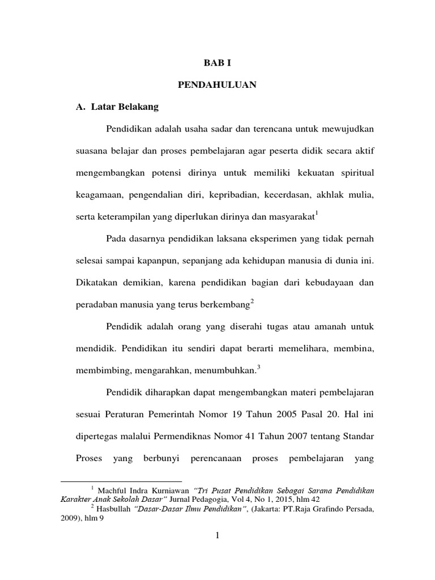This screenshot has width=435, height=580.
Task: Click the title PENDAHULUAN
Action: [x=217, y=85]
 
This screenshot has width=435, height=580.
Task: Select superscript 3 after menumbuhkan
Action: [x=258, y=366]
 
